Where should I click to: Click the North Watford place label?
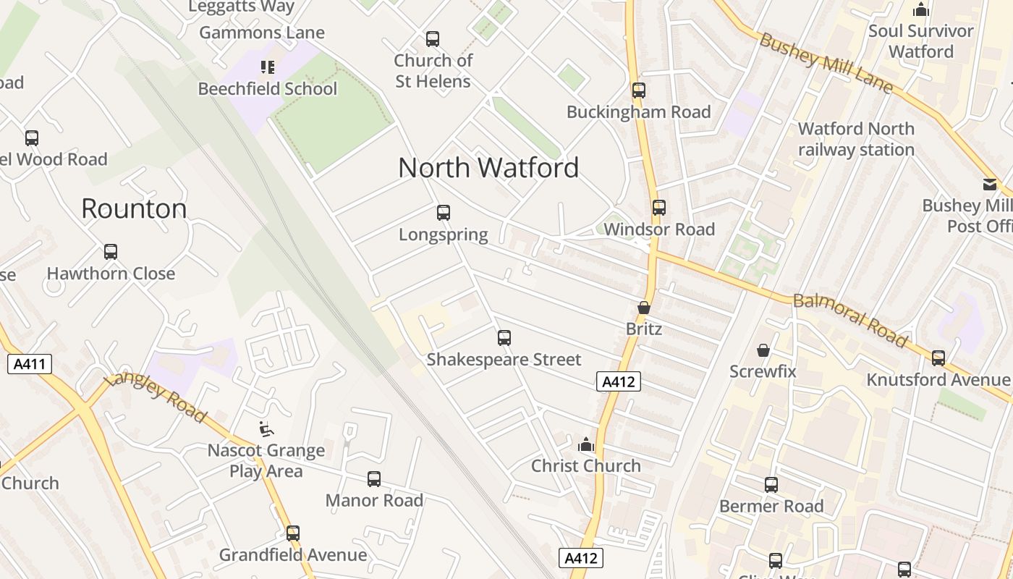coord(488,168)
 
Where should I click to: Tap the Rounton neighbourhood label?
coord(134,208)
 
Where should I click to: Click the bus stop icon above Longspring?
coord(444,213)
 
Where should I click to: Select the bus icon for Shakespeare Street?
coord(504,337)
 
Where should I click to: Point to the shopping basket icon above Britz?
coord(644,308)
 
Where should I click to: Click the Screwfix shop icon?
coord(763,350)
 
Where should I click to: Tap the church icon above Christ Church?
coord(586,444)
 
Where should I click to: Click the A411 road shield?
coord(30,363)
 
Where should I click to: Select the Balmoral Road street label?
coord(849,320)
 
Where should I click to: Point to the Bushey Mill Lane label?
coord(826,62)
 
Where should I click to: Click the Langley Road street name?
coord(155,397)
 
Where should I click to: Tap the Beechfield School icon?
coord(268,67)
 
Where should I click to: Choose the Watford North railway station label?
coord(856,139)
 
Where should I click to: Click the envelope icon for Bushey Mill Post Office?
coord(990,185)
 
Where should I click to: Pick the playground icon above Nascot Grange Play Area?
coord(266,429)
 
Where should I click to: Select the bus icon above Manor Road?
coord(374,478)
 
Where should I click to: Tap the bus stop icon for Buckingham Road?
coord(638,90)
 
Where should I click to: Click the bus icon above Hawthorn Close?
coord(111,252)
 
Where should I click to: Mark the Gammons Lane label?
coord(262,33)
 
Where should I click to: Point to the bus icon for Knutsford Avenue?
coord(938,358)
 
